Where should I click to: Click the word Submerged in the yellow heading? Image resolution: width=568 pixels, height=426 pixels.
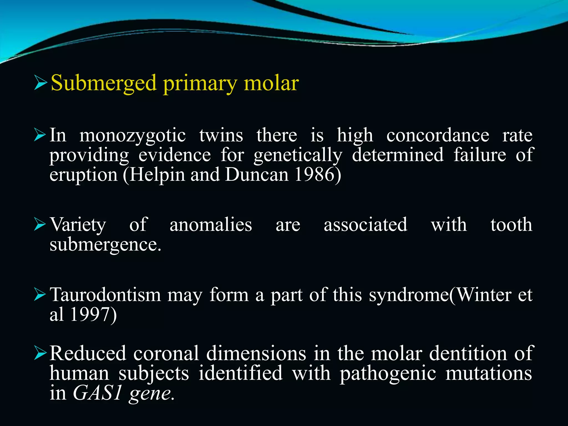(x=104, y=83)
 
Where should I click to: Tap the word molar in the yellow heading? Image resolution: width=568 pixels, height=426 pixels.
(x=271, y=83)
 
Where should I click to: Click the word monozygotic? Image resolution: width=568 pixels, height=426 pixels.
(x=133, y=136)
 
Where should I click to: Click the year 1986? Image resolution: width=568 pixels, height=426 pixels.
(x=315, y=175)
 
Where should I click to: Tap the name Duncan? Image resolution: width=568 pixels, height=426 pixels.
(x=257, y=175)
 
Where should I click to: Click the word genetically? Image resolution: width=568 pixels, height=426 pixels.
(x=298, y=155)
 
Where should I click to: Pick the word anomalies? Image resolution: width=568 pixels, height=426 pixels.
(x=211, y=225)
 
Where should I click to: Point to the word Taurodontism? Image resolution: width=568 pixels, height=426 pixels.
(x=105, y=295)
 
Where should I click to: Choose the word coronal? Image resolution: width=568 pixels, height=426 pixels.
(x=166, y=353)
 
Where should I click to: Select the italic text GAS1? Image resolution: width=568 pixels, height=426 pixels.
(x=97, y=393)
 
